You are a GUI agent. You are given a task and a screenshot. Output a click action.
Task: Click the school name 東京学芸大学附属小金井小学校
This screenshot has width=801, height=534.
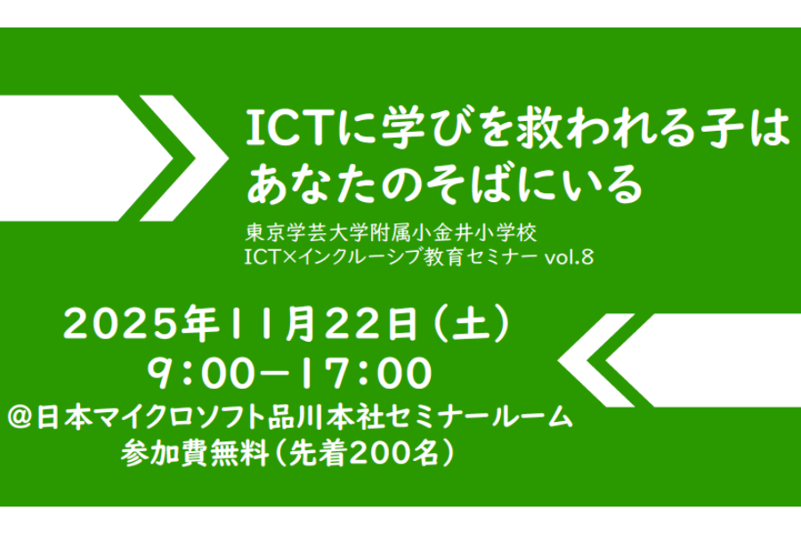click(391, 233)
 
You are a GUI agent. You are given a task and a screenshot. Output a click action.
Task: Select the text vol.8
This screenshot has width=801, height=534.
click(569, 257)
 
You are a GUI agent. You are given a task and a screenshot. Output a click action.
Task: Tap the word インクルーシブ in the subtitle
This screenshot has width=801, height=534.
click(360, 257)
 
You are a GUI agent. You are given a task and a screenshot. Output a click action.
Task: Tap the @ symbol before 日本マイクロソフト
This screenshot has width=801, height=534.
click(20, 418)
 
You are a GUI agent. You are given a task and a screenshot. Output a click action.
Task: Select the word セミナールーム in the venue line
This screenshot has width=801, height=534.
click(480, 418)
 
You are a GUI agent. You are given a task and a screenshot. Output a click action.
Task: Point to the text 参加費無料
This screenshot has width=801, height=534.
click(195, 453)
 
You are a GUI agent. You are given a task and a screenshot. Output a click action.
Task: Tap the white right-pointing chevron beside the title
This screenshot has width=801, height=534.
click(184, 158)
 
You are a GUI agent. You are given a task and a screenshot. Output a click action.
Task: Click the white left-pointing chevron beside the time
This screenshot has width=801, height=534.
click(595, 360)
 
